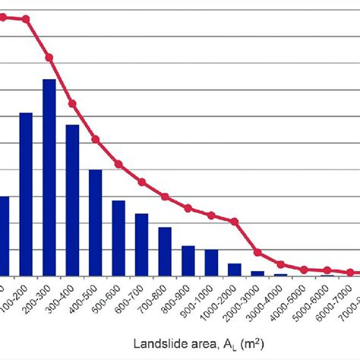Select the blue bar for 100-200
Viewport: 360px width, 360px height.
(26, 194)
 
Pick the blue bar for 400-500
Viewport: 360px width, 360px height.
(96, 222)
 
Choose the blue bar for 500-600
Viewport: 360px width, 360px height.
(118, 238)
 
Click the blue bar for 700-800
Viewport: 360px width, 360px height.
(165, 251)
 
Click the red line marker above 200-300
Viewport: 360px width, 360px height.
(49, 58)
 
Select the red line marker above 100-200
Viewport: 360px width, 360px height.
(26, 19)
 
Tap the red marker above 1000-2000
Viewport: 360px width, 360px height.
(235, 222)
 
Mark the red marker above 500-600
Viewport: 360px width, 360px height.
(118, 164)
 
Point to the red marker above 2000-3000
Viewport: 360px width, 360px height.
(257, 253)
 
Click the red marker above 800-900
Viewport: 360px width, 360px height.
(188, 207)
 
